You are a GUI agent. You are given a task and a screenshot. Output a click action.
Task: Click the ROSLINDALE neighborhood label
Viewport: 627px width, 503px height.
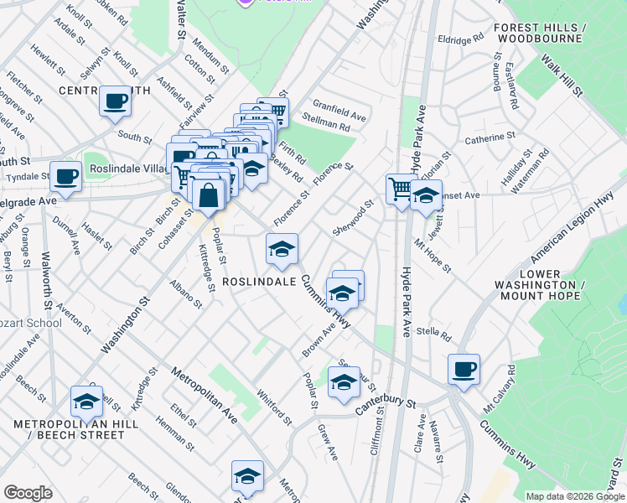259,283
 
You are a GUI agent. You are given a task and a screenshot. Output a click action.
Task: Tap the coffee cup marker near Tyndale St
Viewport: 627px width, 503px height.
65,176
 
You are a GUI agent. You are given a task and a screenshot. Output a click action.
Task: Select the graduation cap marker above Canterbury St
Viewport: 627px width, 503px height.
343,382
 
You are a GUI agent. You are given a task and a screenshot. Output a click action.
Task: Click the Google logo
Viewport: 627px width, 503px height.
28,493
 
